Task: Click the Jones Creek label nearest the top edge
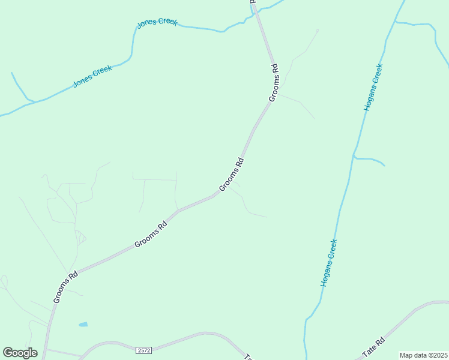[157, 22]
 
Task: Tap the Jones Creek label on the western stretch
[92, 76]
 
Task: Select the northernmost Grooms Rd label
[273, 82]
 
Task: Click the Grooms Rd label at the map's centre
[232, 175]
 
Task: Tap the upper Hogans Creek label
[373, 87]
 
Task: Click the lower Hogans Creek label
[328, 263]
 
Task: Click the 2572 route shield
[143, 350]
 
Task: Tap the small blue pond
[83, 325]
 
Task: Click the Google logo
[20, 352]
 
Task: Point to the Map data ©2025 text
[423, 355]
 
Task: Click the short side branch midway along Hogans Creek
[369, 160]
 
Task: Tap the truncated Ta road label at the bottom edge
[247, 356]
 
